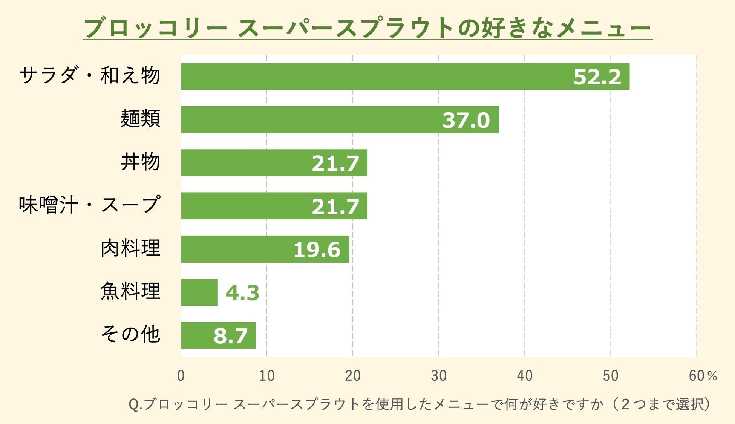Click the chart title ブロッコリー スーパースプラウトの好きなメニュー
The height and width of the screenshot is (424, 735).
click(x=368, y=27)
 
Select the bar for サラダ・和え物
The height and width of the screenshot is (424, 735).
click(x=405, y=77)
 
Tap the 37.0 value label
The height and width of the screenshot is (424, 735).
click(x=466, y=120)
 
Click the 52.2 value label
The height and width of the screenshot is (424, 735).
click(x=597, y=77)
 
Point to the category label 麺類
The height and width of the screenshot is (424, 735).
click(x=141, y=118)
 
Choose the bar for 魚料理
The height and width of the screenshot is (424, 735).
click(x=199, y=292)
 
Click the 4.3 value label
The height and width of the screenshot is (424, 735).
click(x=242, y=293)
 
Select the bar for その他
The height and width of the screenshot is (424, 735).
click(x=218, y=335)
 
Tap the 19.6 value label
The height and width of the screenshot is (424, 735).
click(x=317, y=250)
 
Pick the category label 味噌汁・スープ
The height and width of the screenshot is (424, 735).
click(x=90, y=205)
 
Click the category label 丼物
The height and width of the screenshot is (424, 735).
click(x=141, y=162)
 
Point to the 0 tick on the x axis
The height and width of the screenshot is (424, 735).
click(x=181, y=375)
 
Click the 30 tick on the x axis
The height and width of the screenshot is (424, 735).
click(x=439, y=375)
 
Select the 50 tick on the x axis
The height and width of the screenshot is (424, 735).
click(x=611, y=375)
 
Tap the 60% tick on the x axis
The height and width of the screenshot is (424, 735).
click(x=703, y=375)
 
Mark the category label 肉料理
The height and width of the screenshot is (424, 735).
click(x=130, y=248)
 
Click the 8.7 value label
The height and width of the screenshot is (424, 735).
click(x=230, y=336)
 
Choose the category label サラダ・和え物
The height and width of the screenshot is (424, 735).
click(x=90, y=75)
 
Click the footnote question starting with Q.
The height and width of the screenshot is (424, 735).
click(x=420, y=404)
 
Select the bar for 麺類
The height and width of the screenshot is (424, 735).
click(x=340, y=119)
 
